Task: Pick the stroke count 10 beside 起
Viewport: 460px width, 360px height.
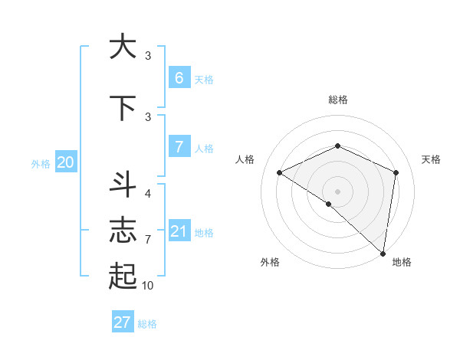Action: click(148, 286)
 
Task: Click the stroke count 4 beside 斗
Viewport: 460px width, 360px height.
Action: click(148, 194)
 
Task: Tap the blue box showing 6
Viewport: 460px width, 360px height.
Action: click(179, 78)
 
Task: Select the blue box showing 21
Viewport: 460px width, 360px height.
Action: click(179, 231)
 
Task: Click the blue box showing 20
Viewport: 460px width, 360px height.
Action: click(65, 162)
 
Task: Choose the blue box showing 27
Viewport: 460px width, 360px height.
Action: click(123, 322)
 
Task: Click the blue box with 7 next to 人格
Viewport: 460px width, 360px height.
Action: click(179, 147)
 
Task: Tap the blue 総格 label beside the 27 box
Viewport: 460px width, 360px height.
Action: click(147, 324)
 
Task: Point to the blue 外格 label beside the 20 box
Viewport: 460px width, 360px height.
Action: click(41, 163)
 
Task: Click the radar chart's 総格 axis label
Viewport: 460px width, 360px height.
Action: click(337, 100)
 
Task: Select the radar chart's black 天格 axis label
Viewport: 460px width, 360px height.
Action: click(431, 159)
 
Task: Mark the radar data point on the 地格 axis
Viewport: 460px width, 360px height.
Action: click(383, 253)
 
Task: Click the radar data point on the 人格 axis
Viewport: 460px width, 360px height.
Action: click(280, 173)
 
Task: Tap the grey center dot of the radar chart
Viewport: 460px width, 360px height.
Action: click(337, 191)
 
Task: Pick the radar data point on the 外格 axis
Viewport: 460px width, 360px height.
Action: click(328, 204)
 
